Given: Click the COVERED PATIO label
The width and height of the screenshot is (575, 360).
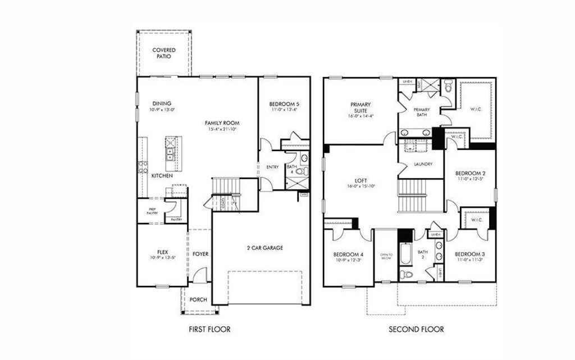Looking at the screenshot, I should (x=164, y=53).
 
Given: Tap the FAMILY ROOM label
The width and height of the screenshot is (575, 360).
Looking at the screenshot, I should (x=222, y=122).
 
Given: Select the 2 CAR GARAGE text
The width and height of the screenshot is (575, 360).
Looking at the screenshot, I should (x=264, y=248).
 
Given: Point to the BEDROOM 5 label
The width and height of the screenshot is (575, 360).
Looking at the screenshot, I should (x=284, y=104).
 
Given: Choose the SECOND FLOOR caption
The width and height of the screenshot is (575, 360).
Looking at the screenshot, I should (x=416, y=329).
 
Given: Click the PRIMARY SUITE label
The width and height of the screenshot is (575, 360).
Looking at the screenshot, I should (x=360, y=107).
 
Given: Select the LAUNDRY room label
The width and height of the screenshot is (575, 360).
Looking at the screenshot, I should (x=422, y=164).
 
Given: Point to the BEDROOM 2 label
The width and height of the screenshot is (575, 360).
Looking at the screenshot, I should (x=470, y=172).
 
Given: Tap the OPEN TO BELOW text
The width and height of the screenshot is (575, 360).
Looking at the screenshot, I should (x=386, y=256).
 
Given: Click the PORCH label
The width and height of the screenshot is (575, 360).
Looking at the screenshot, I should (x=198, y=299).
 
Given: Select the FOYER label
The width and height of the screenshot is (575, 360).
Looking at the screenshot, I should (x=200, y=254).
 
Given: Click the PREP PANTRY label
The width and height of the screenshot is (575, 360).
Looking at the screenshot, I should (x=152, y=211).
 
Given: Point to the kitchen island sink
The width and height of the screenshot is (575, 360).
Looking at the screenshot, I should (x=170, y=152).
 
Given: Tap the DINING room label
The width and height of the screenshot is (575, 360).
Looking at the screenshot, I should (x=162, y=103).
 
